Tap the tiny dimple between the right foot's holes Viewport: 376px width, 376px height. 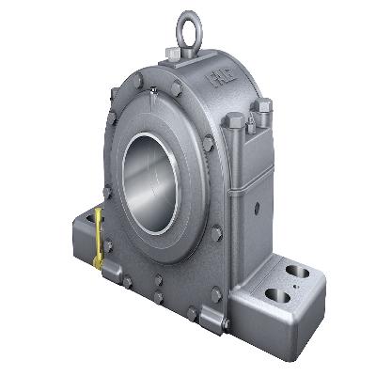click(x=297, y=279)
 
